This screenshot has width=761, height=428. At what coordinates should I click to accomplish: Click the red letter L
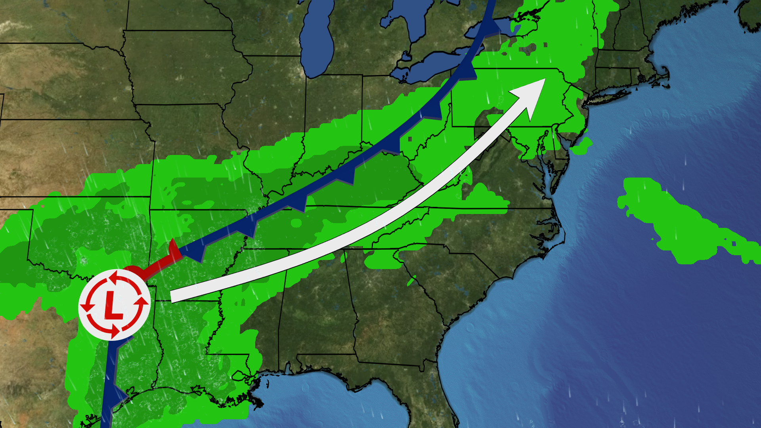[114, 305]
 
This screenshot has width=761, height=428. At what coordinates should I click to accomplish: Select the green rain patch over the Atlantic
[674, 222]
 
